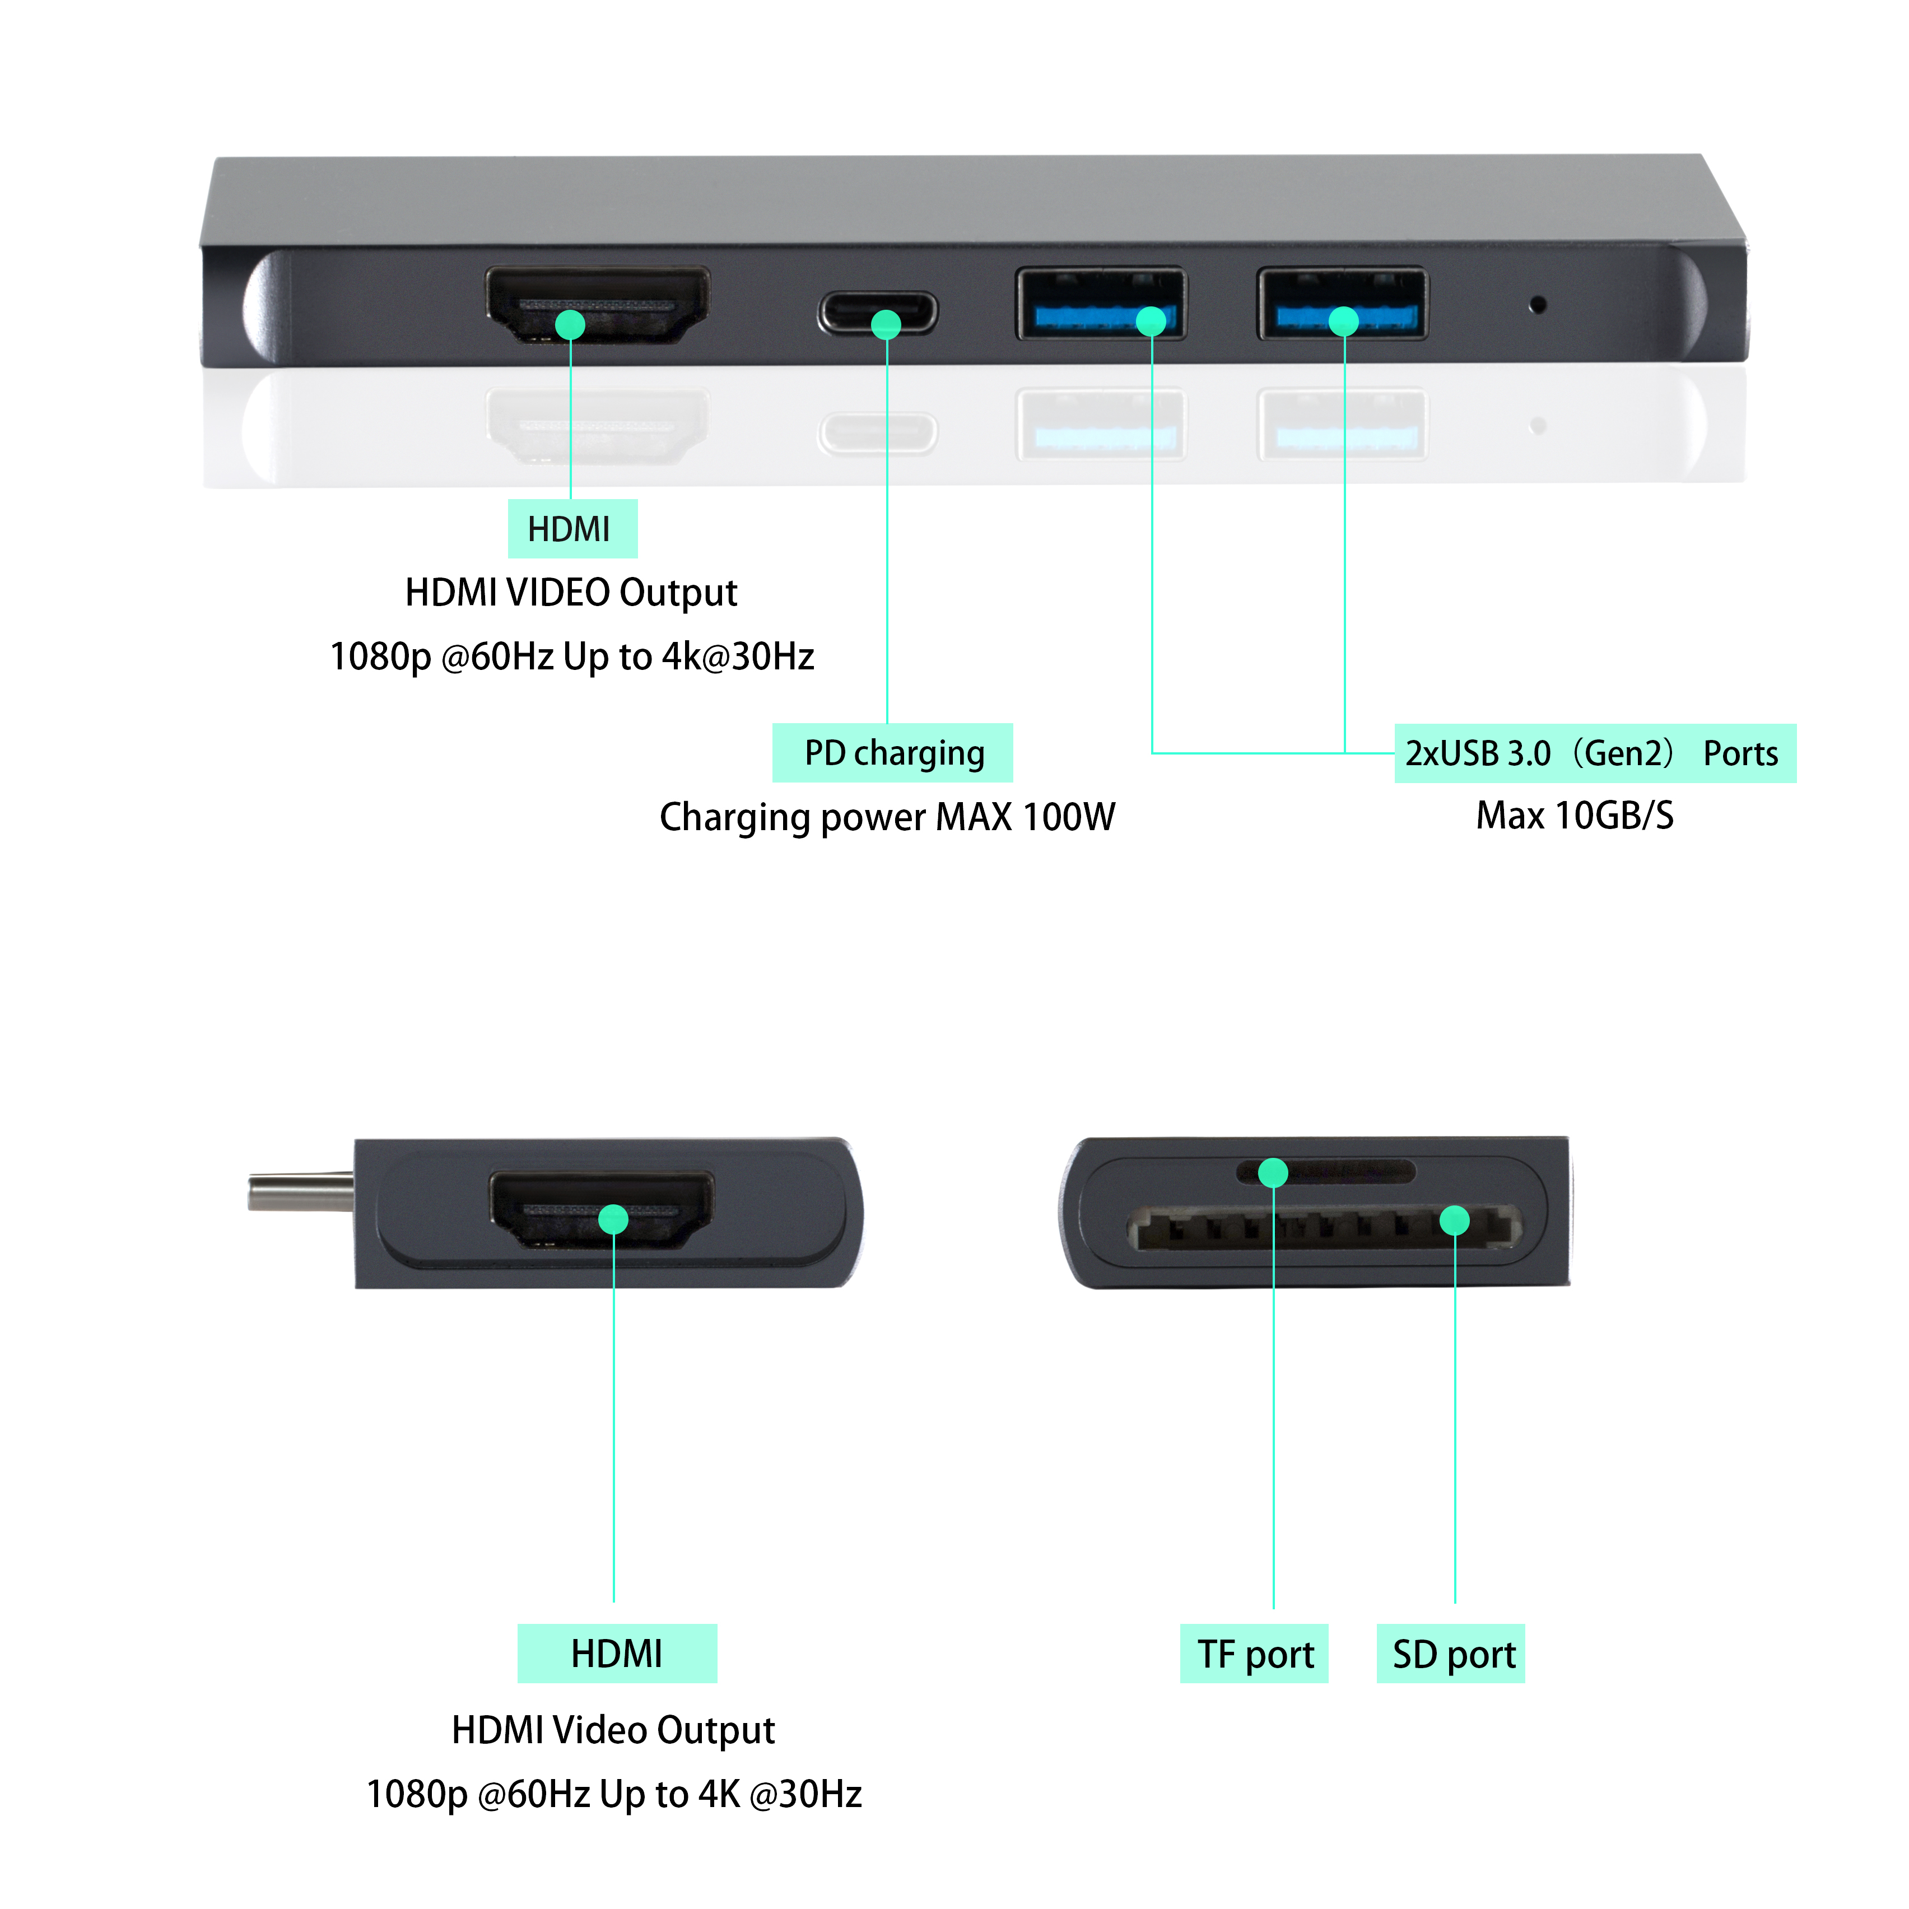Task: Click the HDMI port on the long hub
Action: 597,304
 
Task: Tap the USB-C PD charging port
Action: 877,313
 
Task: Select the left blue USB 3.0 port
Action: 1101,304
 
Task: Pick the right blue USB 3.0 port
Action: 1342,304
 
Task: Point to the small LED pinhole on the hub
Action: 1538,304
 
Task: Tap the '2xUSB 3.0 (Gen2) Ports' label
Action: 1595,753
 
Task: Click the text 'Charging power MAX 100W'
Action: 887,817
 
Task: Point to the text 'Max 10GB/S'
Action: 1575,815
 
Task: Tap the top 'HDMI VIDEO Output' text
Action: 571,593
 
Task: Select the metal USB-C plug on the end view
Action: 300,1191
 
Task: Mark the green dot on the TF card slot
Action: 1273,1173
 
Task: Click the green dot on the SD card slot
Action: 1455,1221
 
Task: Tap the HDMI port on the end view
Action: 602,1209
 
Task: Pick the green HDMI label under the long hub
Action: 572,529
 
